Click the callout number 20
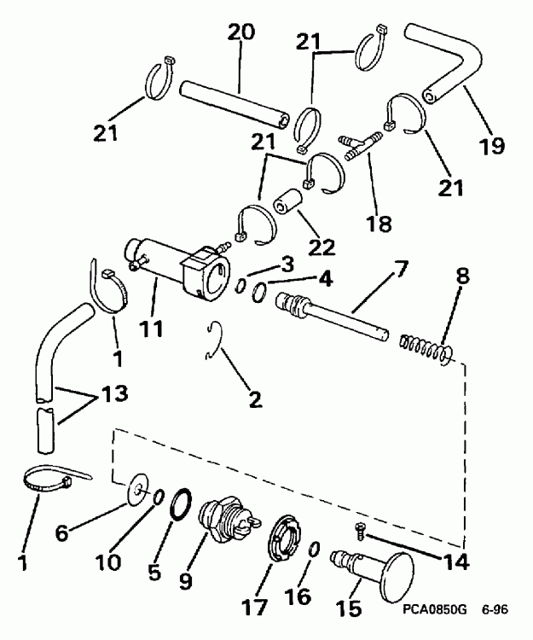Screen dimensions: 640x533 [240, 33]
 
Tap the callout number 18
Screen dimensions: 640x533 [379, 224]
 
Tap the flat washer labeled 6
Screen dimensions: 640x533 [136, 492]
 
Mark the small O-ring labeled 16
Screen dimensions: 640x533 [315, 548]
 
